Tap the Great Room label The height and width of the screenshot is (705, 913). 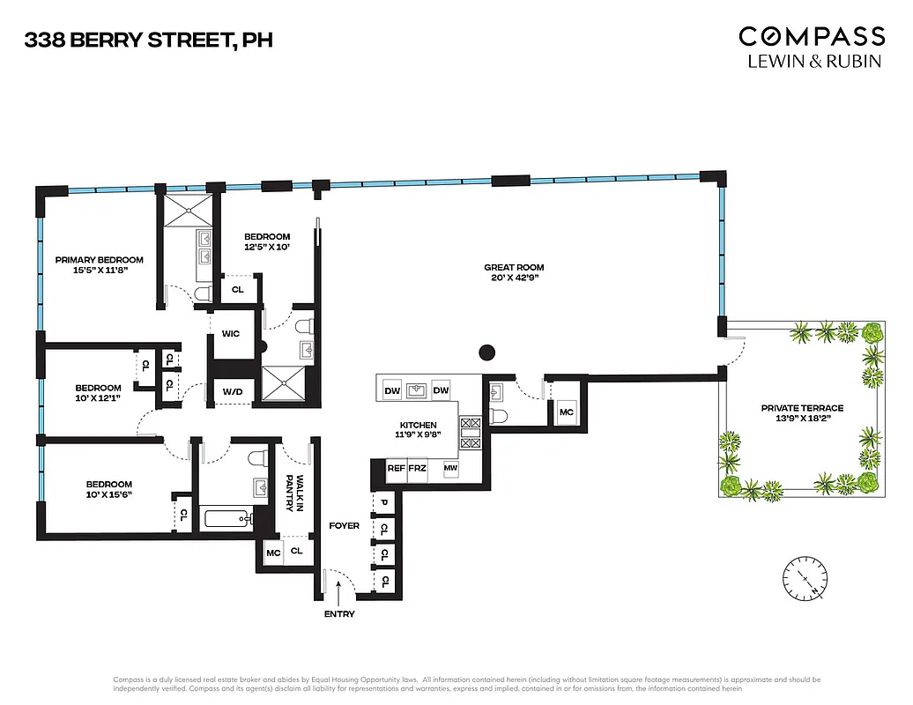coord(514,267)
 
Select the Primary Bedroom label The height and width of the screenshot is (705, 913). coord(99,259)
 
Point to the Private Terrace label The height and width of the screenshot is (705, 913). coord(802,408)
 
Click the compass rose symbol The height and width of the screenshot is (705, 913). coord(806,578)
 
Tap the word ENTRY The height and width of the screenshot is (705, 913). coord(339,613)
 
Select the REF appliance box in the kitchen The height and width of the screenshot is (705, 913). coord(397,468)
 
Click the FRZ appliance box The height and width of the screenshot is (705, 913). coord(417,468)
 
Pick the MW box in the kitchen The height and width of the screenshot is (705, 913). coord(450,468)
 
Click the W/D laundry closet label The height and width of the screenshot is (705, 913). coord(233,391)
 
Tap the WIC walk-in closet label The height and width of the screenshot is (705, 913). coord(232,334)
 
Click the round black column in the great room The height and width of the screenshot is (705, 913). coord(486,353)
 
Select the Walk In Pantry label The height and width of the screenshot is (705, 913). coord(300,493)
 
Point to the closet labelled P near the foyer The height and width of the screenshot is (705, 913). coord(384,503)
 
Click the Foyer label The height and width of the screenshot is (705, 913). coord(344,525)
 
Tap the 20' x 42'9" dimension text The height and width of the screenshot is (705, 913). coord(514,279)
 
